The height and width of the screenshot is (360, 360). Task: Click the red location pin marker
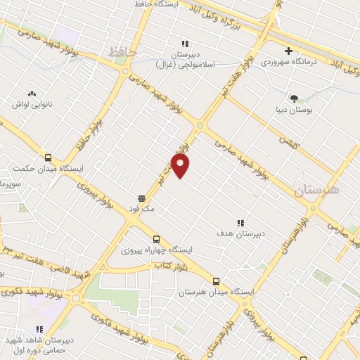click(x=181, y=165)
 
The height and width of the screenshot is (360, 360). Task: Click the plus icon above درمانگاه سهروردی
click(x=288, y=51)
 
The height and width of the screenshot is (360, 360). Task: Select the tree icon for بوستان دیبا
click(x=294, y=98)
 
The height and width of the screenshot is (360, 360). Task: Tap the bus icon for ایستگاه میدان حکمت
click(x=49, y=157)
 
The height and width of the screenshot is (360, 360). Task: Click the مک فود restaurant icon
click(x=142, y=198)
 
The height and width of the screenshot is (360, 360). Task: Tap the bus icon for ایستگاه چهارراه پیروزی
click(x=156, y=238)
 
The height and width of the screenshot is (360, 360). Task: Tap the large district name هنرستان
click(x=316, y=191)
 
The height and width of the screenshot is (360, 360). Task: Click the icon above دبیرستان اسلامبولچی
click(x=186, y=43)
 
